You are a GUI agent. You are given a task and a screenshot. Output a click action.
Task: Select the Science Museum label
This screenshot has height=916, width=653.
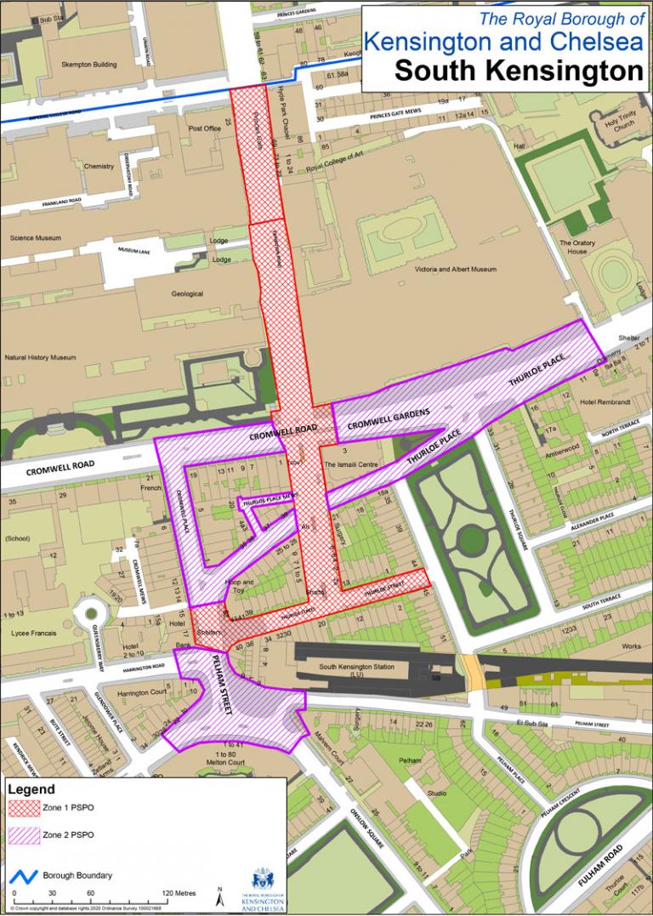(x=35, y=238)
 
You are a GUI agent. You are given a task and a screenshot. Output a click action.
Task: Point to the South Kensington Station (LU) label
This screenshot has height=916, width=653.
(x=356, y=667)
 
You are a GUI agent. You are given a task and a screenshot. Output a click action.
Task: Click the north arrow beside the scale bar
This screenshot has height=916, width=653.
(x=219, y=896)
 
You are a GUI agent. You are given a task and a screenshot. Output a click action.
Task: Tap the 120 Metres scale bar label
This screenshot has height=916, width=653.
(x=179, y=893)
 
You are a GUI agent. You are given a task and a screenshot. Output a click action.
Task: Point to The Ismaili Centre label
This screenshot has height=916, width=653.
(x=349, y=464)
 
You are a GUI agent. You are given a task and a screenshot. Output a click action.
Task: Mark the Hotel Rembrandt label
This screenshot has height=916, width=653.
(x=605, y=401)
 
